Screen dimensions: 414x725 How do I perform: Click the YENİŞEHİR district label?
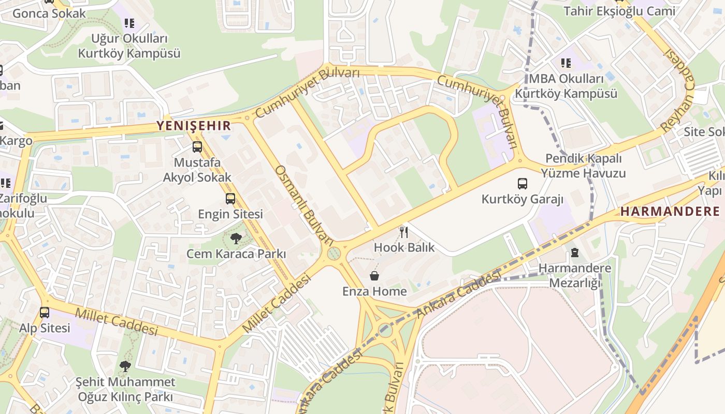194,125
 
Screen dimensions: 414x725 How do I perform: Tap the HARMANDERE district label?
670,211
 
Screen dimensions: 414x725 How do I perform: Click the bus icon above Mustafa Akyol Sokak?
197,147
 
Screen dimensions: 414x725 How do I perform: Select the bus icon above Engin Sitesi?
230,199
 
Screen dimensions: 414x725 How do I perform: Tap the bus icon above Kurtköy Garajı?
523,184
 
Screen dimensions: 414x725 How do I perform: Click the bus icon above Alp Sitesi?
45,313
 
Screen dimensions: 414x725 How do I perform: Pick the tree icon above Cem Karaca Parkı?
236,239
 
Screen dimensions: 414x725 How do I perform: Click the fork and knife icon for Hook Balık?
404,232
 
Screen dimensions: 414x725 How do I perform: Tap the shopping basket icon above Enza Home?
374,276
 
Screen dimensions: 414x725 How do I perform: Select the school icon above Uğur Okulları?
129,23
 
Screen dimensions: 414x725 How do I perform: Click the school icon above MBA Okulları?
566,63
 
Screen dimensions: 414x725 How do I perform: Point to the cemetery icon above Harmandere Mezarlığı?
574,253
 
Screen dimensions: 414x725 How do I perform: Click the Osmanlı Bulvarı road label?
304,205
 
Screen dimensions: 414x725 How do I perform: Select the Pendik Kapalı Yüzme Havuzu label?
585,166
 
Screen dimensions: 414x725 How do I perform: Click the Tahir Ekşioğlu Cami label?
619,11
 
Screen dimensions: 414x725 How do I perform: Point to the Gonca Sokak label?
49,13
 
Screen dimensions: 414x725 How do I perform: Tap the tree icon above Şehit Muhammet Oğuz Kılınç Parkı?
125,367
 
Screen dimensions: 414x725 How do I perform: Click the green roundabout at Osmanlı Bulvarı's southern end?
334,254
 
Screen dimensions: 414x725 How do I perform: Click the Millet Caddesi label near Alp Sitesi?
116,321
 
